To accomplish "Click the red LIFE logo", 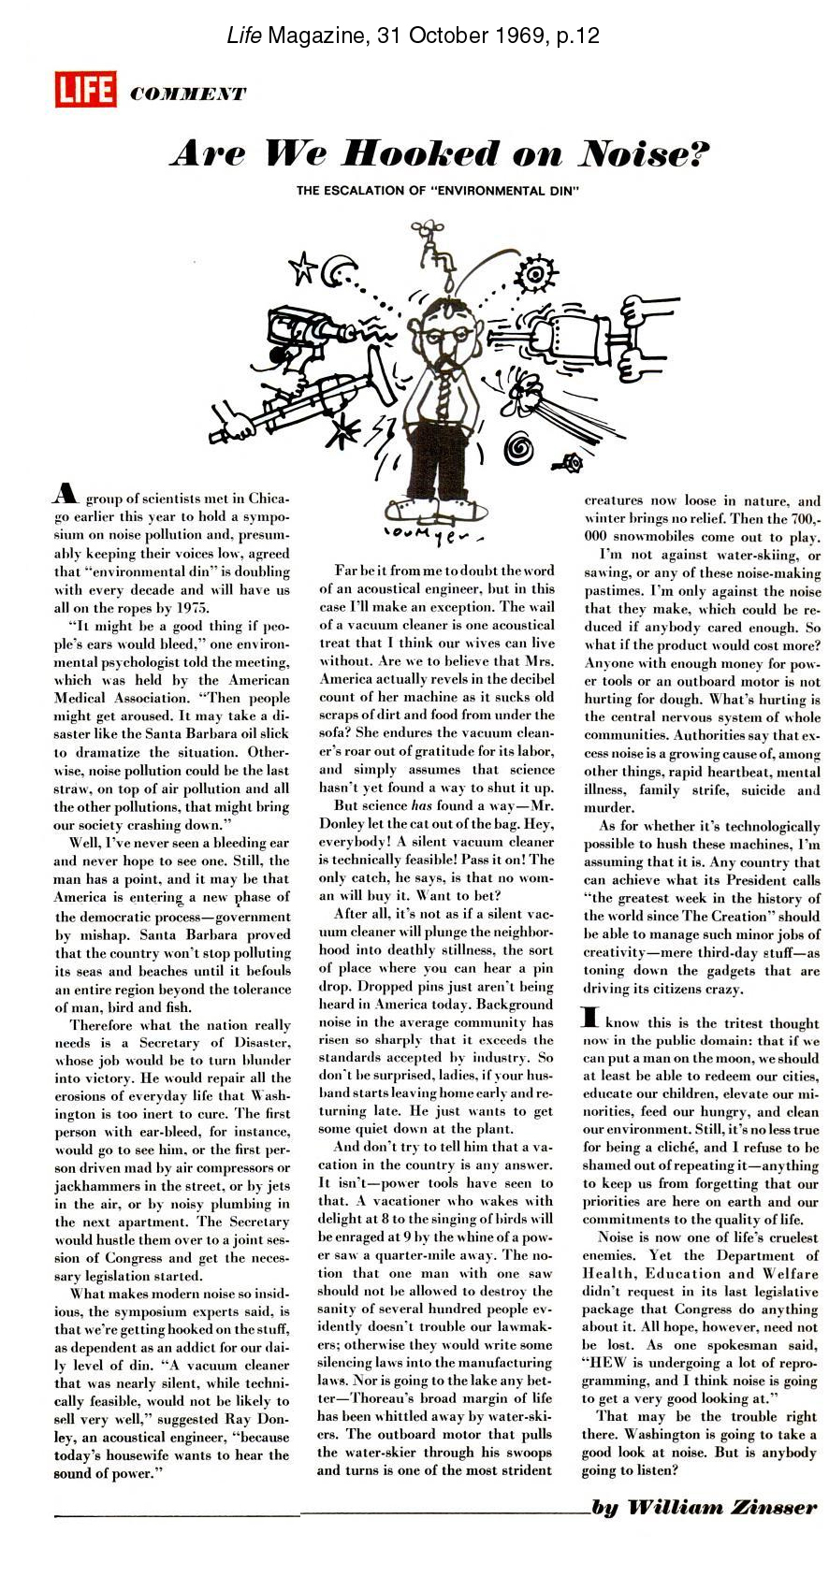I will (x=85, y=90).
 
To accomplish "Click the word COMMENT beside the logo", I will (x=188, y=94).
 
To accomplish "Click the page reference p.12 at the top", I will (x=571, y=36).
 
